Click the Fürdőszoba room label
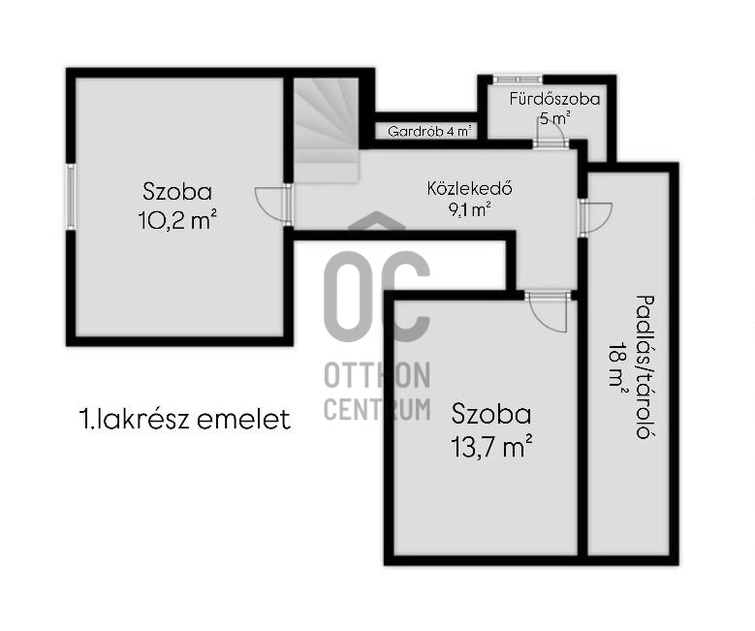554,99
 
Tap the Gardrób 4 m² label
429,131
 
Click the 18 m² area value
617,367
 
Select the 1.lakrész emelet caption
184,420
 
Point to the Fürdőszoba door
550,134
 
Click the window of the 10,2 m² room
70,196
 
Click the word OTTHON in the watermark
376,374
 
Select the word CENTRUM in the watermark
376,408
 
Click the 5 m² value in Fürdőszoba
554,118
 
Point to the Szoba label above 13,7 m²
491,415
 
